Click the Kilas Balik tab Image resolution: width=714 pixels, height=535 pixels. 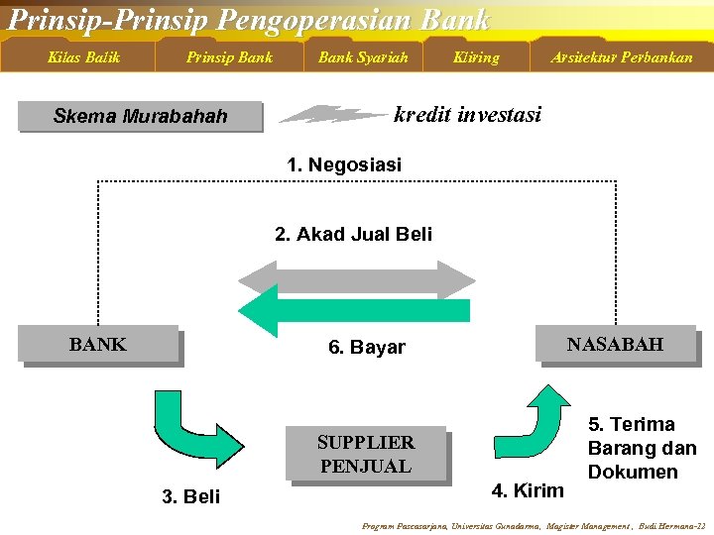(x=83, y=57)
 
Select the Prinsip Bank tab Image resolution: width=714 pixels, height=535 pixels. (x=229, y=57)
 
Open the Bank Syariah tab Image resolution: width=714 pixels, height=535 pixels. (x=363, y=57)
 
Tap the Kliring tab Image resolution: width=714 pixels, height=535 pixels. (x=476, y=57)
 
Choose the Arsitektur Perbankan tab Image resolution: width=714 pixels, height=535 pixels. (x=622, y=57)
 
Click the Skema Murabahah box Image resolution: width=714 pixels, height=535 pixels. (x=141, y=117)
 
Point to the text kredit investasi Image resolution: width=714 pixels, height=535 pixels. (x=467, y=115)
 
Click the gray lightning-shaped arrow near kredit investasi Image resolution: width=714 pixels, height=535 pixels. (x=332, y=115)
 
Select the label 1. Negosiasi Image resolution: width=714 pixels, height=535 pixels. (x=344, y=165)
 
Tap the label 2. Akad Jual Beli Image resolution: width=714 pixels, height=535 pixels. (x=353, y=235)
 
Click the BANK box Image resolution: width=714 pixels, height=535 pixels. (x=99, y=345)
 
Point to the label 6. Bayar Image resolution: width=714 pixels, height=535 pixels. (x=367, y=348)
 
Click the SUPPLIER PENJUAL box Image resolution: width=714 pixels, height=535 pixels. (x=365, y=454)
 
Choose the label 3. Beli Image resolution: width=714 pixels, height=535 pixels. (x=190, y=496)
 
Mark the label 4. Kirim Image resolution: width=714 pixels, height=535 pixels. (x=528, y=489)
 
